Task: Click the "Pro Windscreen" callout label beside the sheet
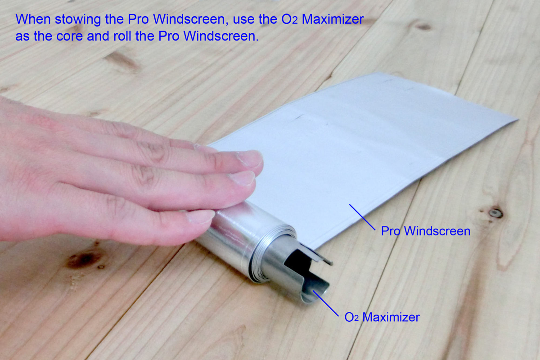(425, 231)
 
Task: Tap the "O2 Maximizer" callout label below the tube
(382, 317)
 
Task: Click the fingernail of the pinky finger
(200, 216)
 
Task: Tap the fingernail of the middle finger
(249, 159)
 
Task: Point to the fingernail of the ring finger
(243, 178)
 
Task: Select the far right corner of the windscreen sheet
(516, 120)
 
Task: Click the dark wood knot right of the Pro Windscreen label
(495, 212)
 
